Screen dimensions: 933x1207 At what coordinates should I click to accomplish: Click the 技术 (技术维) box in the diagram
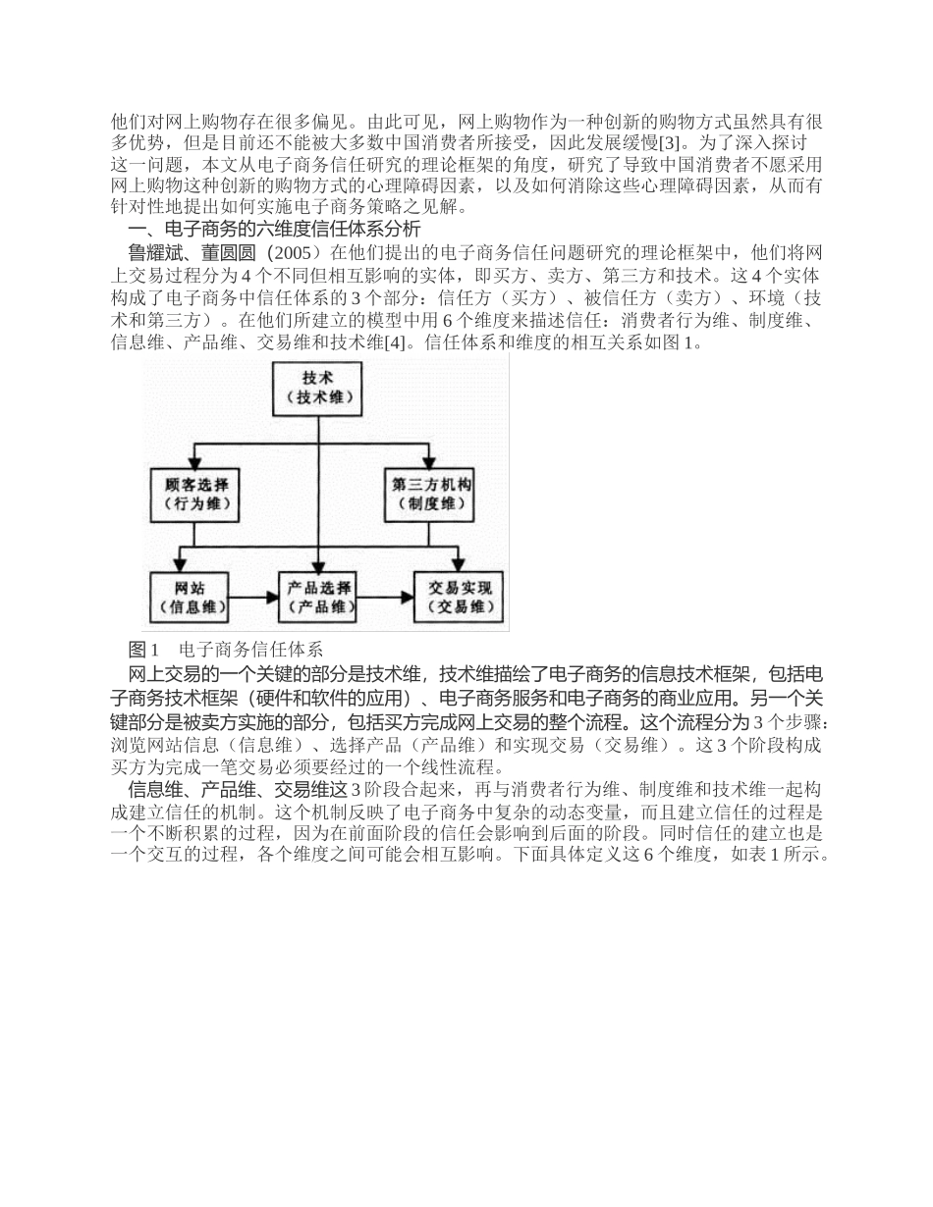[317, 387]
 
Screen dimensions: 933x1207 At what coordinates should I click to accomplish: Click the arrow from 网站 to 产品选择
[254, 596]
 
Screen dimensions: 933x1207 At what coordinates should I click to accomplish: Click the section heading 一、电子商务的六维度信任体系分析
[275, 230]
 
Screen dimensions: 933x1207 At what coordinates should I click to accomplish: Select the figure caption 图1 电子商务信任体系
[225, 650]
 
